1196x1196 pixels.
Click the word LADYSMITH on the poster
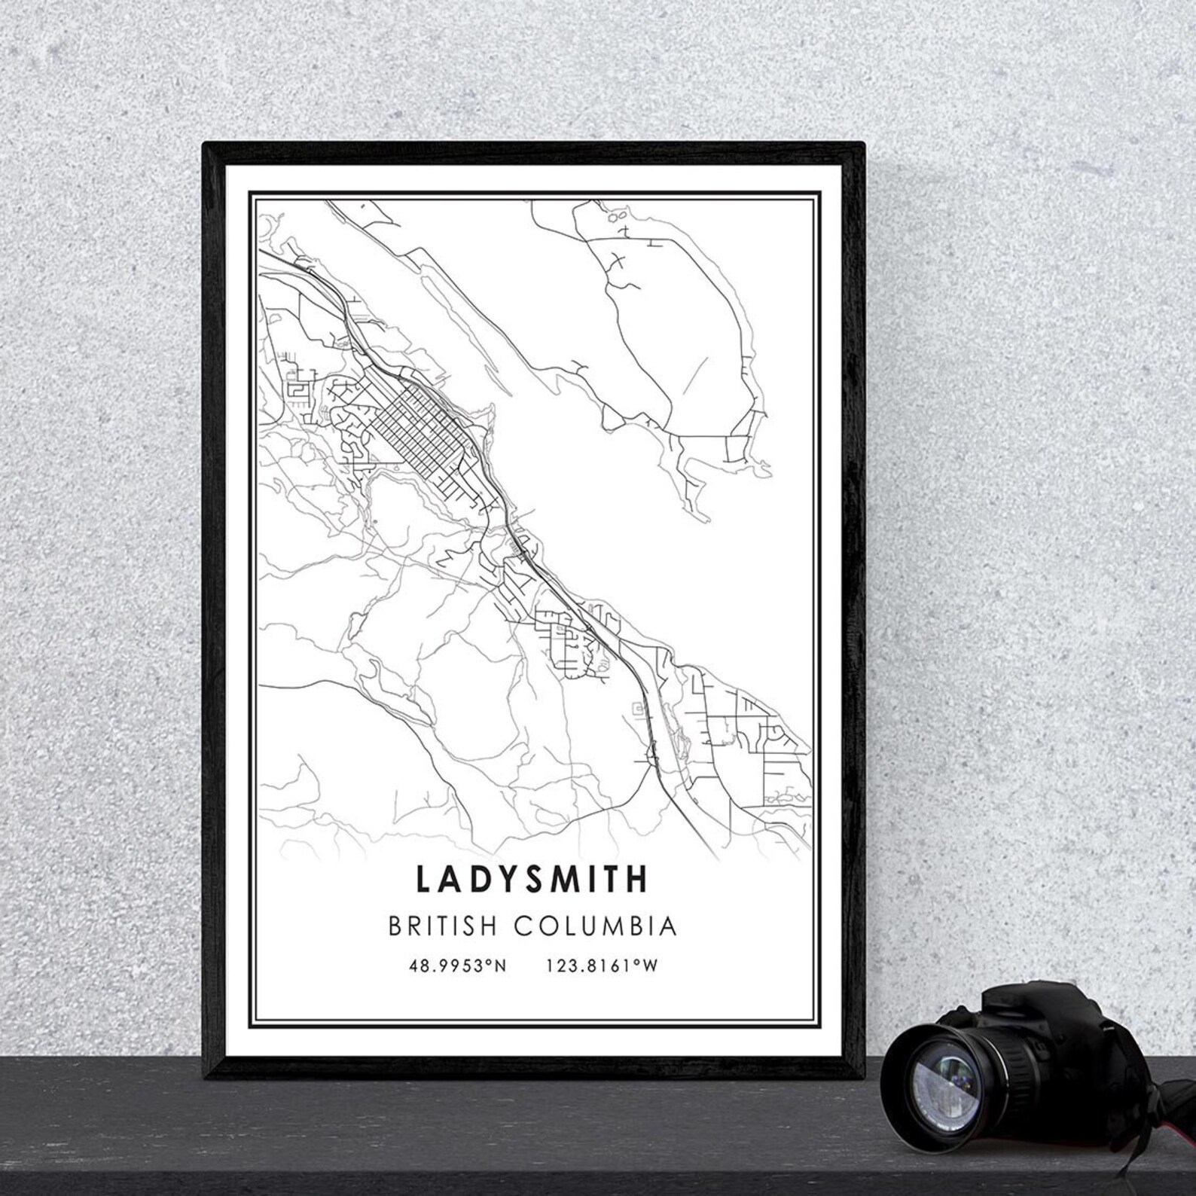(x=531, y=879)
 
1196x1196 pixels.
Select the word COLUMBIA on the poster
(x=595, y=926)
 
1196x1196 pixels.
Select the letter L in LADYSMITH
(x=422, y=879)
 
